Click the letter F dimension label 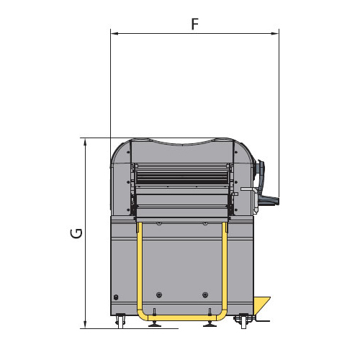[195, 24]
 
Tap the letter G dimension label [76, 233]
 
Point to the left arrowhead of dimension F [114, 34]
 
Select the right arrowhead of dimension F [275, 34]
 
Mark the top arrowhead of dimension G [85, 142]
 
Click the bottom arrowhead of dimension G [85, 324]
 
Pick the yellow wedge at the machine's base [261, 305]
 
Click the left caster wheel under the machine [120, 321]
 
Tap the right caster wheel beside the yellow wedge [243, 321]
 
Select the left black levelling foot [155, 324]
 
